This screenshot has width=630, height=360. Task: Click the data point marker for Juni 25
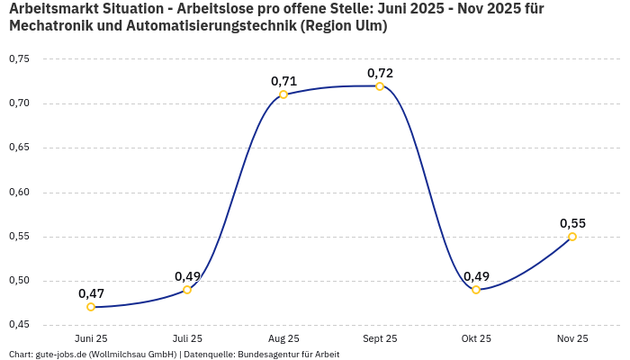(x=91, y=307)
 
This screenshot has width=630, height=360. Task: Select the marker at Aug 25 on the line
(x=283, y=94)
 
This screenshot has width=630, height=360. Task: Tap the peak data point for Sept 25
(x=380, y=86)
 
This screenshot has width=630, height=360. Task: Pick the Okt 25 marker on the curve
(x=476, y=290)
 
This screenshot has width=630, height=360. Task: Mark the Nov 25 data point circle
(x=572, y=237)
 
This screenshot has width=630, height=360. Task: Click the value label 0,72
(x=380, y=73)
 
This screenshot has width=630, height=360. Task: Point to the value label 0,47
(x=91, y=293)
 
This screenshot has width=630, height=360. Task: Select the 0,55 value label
(x=572, y=223)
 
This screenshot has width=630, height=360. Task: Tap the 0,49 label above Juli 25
(x=187, y=276)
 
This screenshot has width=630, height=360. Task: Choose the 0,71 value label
(x=283, y=81)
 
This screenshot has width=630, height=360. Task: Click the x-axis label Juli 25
(x=187, y=338)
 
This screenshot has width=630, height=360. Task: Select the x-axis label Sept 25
(x=380, y=338)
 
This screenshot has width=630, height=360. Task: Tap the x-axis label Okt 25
(x=476, y=338)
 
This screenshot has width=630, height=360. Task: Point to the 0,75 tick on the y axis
(x=19, y=59)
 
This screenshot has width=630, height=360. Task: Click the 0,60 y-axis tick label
(x=19, y=192)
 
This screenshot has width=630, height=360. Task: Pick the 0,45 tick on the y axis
(x=19, y=325)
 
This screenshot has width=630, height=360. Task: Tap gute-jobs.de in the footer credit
(x=62, y=355)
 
